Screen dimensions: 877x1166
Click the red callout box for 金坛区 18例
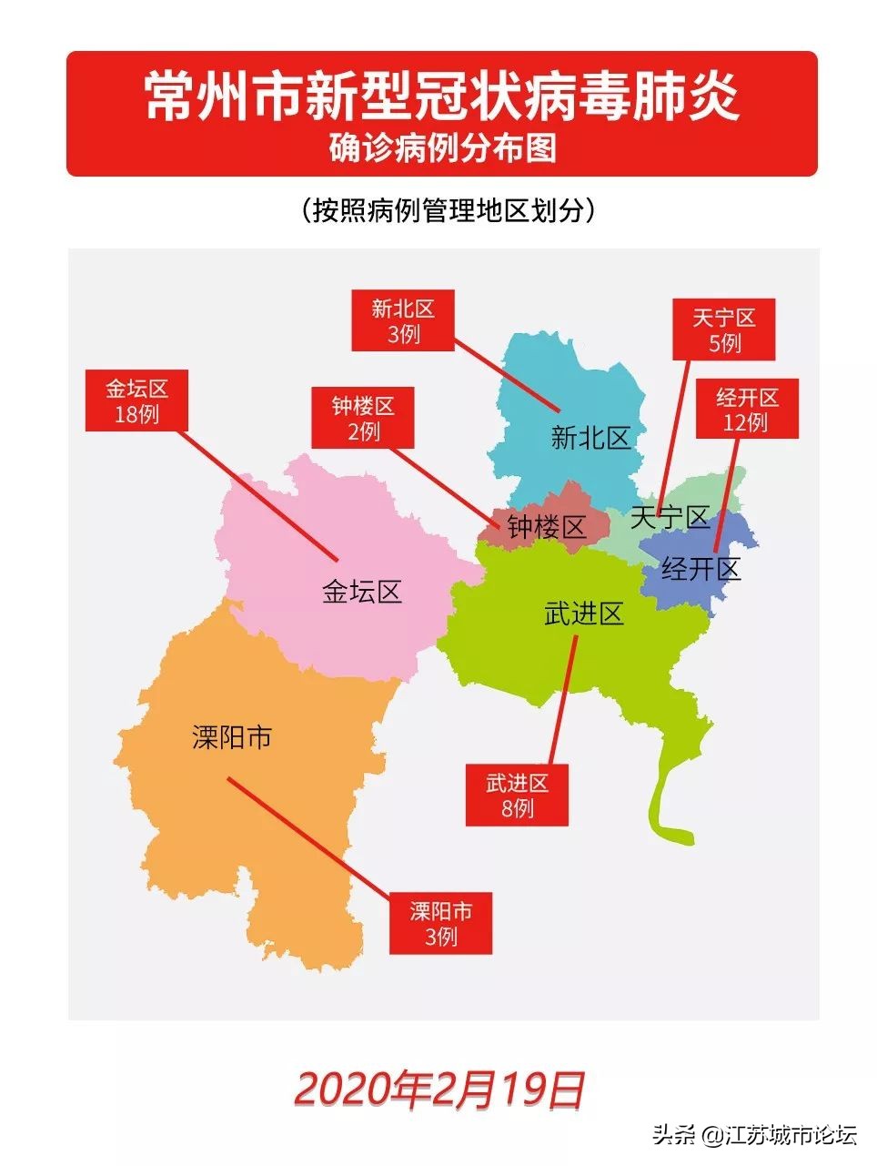pos(136,400)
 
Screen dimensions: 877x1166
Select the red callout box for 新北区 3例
pos(403,321)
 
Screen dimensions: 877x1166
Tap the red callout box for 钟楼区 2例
pos(363,418)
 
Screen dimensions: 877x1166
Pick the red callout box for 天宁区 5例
pos(724,330)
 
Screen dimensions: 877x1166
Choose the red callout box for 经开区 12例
pos(746,409)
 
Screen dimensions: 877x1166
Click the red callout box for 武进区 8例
pos(517,795)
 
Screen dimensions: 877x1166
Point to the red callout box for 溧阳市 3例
pos(441,923)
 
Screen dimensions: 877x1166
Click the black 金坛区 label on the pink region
pos(362,592)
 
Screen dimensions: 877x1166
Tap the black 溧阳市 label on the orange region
pos(232,736)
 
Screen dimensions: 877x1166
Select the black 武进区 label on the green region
pos(584,613)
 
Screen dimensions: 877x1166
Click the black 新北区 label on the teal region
pos(590,438)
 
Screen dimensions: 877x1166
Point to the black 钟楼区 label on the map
pos(546,526)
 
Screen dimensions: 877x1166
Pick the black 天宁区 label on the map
pos(670,517)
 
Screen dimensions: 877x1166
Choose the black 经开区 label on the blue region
pos(701,569)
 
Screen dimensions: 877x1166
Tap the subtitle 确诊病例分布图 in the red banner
pos(442,147)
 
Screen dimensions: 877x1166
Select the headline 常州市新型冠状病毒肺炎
pos(442,96)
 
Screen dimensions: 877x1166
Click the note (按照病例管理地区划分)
pos(448,210)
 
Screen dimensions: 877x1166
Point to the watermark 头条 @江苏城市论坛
pos(754,1135)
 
